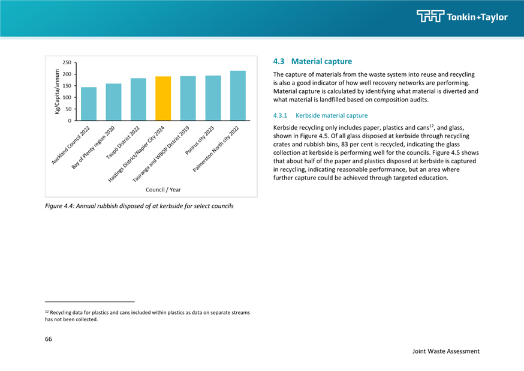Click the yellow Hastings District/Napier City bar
point(163,98)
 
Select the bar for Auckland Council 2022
point(89,104)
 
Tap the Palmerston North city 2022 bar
point(238,95)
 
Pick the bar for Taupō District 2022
point(138,100)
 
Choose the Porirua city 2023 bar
point(213,98)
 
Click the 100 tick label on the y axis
point(67,97)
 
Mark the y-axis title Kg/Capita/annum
point(57,92)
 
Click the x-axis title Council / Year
point(163,190)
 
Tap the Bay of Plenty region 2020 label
point(94,147)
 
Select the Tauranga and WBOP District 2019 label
point(161,154)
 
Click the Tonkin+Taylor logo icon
point(430,16)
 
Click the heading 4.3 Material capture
point(312,61)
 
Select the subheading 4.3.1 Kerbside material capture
point(320,115)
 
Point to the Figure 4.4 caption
point(139,206)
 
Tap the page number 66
point(49,339)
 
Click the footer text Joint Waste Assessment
point(446,351)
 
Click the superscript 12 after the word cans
point(432,126)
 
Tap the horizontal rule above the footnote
point(89,302)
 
